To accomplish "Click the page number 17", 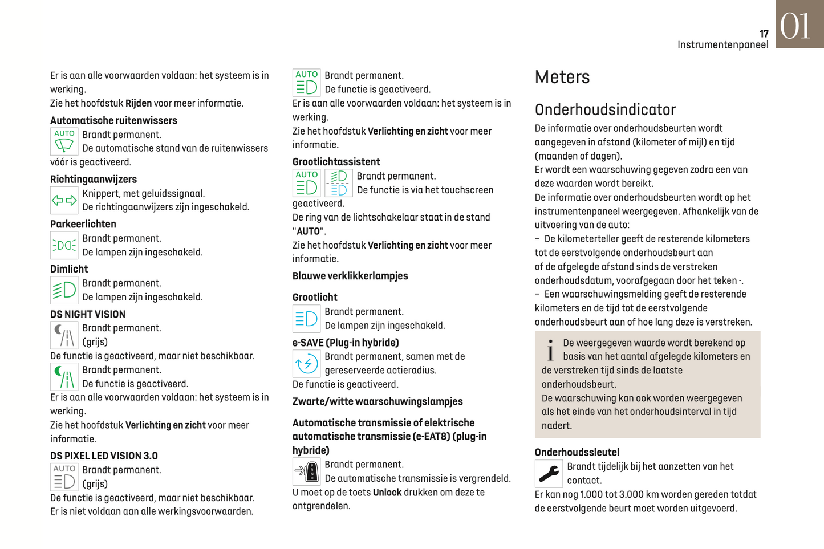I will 764,34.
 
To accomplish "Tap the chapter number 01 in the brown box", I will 795,26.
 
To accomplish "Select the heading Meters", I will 562,77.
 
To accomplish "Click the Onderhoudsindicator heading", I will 604,109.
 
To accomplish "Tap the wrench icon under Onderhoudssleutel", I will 549,473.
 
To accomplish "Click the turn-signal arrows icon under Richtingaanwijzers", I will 64,200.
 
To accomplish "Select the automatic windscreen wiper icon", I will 64,141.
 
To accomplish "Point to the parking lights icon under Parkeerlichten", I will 64,245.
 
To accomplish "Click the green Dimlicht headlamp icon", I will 64,290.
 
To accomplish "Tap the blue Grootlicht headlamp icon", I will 306,319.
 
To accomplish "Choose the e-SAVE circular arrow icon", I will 306,363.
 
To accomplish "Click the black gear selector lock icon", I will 306,471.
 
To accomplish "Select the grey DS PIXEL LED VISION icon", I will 64,477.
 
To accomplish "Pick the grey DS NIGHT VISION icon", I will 64,335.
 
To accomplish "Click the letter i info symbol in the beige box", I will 550,351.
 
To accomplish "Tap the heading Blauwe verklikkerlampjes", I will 350,276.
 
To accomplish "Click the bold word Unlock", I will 387,492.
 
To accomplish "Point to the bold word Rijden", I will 138,103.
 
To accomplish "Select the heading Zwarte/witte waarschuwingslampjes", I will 377,401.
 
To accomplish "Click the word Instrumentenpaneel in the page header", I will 722,45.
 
